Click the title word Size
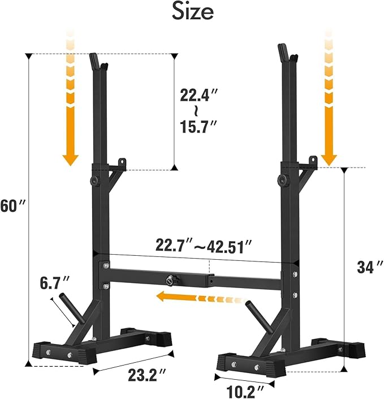point(192,12)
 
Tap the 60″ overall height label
point(13,206)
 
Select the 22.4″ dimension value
point(195,96)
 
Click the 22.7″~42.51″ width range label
point(204,246)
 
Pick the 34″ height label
point(366,267)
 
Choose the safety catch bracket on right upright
point(308,168)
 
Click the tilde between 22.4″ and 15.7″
point(194,109)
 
